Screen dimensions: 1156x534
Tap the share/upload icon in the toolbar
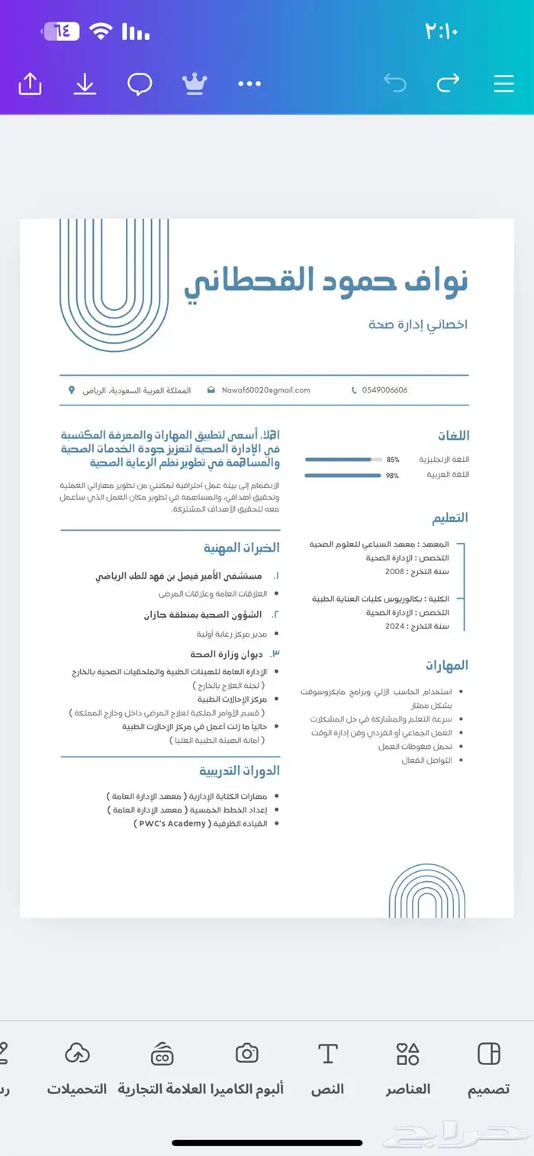click(30, 83)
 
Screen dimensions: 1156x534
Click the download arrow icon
click(85, 83)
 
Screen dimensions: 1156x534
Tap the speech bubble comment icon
click(139, 83)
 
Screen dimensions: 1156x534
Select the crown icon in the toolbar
click(195, 83)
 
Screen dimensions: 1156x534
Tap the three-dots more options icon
click(249, 83)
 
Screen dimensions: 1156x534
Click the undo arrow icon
click(394, 83)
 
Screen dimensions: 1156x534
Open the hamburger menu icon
click(503, 83)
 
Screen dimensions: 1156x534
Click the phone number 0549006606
click(384, 390)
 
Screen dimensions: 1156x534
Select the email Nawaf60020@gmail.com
click(265, 390)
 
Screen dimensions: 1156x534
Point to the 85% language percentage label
click(393, 460)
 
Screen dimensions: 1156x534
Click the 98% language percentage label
click(393, 476)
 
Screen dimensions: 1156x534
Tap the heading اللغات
click(453, 436)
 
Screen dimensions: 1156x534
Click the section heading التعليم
click(450, 518)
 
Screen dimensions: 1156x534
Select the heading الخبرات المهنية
click(241, 547)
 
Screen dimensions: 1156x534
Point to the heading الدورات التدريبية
click(240, 770)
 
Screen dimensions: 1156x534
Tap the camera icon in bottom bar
click(246, 1054)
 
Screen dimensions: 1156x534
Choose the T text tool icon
click(327, 1054)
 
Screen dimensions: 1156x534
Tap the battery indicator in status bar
click(61, 31)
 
